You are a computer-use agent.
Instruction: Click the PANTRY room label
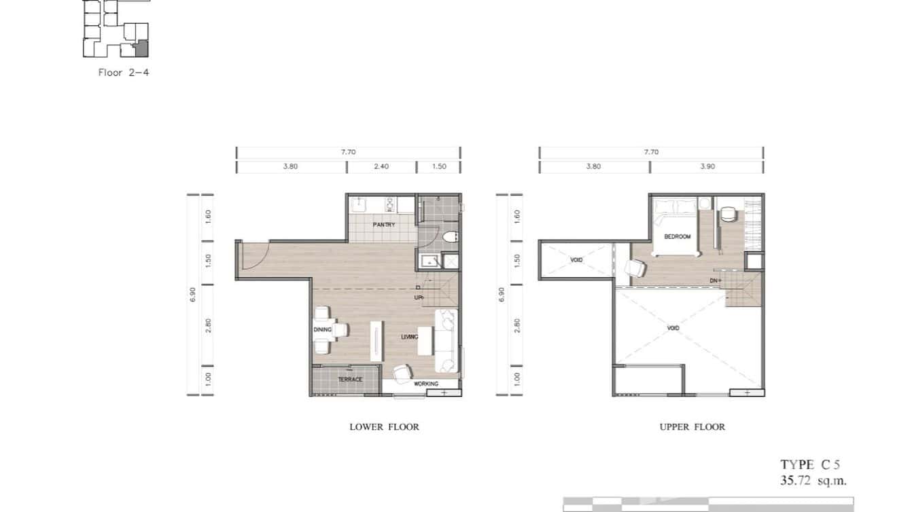click(383, 225)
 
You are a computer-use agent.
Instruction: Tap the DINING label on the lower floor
click(322, 330)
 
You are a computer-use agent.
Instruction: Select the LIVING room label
click(409, 337)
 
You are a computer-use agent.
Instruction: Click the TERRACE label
click(350, 380)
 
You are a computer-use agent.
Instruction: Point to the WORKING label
click(426, 384)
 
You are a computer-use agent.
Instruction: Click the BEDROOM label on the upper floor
click(677, 236)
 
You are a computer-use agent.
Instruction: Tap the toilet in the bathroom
click(449, 237)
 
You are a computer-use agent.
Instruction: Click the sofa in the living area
click(446, 341)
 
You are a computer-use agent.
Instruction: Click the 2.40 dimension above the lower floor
click(381, 167)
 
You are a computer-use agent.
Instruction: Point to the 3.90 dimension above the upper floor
click(707, 167)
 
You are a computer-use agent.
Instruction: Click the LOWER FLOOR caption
click(384, 427)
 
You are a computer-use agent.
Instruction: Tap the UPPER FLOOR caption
click(692, 427)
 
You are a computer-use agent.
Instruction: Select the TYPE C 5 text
click(810, 465)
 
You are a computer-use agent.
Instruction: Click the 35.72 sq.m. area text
click(813, 481)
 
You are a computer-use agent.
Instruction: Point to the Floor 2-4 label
click(123, 72)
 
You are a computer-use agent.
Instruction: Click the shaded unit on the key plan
click(142, 49)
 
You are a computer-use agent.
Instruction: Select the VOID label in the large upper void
click(673, 329)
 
